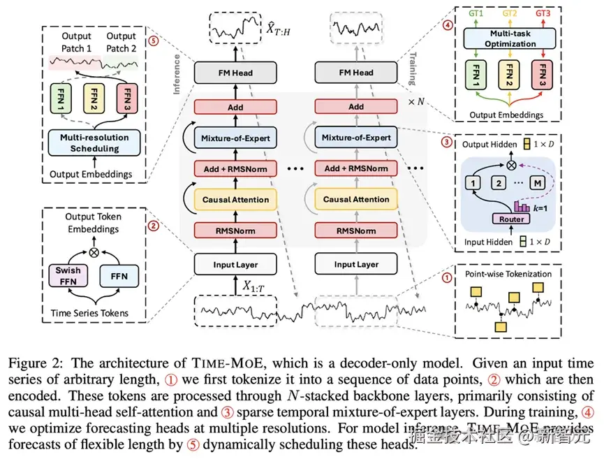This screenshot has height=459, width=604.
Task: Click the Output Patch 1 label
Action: click(76, 42)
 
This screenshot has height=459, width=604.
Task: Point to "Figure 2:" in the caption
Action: click(34, 363)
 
